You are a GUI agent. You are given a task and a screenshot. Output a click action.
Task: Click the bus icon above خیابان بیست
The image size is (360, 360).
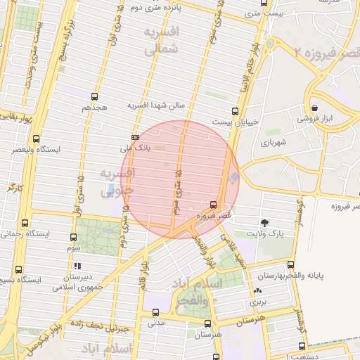coord(235,111)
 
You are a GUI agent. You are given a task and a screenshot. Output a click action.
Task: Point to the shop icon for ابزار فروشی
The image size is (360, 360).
coord(316,108)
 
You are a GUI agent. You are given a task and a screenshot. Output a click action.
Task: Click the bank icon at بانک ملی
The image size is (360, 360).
coord(135,137)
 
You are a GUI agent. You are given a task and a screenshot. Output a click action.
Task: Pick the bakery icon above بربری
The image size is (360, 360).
coord(257,290)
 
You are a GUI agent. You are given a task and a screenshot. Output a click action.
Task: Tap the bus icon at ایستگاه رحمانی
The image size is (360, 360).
coord(26,223)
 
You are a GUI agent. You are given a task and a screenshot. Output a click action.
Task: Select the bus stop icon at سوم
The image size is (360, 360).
coord(74,238)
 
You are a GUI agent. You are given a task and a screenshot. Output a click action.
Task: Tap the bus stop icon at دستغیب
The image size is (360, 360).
coord(302,346)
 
